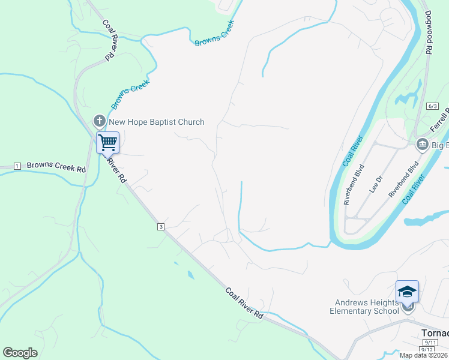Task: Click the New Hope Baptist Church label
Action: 156,122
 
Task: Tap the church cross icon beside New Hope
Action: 100,122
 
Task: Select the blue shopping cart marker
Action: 108,143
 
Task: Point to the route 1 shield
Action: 17,166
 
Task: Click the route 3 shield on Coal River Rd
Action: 161,226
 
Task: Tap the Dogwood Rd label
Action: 429,34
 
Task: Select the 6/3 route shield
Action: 432,106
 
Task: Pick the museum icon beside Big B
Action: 422,145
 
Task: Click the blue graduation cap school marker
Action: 407,292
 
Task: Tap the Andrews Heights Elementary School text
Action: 364,307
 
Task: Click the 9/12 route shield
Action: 427,349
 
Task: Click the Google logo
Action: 20,353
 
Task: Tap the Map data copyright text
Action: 424,355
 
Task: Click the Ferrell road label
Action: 439,120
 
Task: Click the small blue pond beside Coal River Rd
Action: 190,275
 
